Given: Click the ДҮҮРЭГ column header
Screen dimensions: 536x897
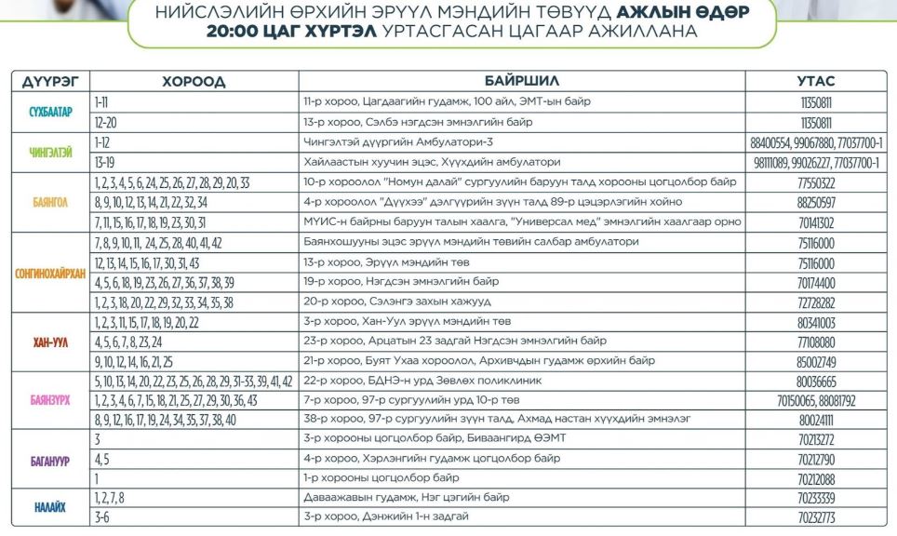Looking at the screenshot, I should coord(50,81).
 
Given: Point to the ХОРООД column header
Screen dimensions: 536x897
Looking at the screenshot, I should coord(194,81).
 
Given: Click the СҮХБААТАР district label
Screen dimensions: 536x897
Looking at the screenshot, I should coord(50,112).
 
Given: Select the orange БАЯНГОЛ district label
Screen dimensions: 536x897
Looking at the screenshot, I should coord(50,202).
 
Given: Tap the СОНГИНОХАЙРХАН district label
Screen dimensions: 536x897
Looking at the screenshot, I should coord(50,273).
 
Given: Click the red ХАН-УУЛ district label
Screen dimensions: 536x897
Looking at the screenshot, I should coord(50,342).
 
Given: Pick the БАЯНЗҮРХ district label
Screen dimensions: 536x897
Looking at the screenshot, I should coord(50,400).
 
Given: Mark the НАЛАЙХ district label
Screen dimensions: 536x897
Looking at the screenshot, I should coord(50,507).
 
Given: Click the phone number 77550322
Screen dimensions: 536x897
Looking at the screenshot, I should coord(816,182).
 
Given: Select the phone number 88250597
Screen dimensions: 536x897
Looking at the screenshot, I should coord(816,202).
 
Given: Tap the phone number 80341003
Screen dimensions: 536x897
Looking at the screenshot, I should coord(816,323).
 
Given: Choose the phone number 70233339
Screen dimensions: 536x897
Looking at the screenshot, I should coord(816,498).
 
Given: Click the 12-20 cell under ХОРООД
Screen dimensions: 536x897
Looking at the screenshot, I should coord(105,122).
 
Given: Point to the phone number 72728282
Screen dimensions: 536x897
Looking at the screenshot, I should coord(816,302).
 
